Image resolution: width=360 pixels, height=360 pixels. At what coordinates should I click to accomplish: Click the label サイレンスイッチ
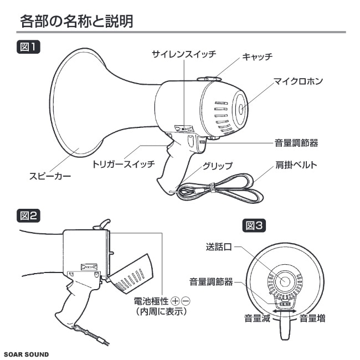[x=184, y=54]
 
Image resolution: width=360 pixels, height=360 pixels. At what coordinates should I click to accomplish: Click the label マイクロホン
[x=298, y=81]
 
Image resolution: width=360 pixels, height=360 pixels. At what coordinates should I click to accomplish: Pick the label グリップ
[x=217, y=165]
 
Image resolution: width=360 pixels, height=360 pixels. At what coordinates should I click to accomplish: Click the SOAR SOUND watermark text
[x=26, y=354]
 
